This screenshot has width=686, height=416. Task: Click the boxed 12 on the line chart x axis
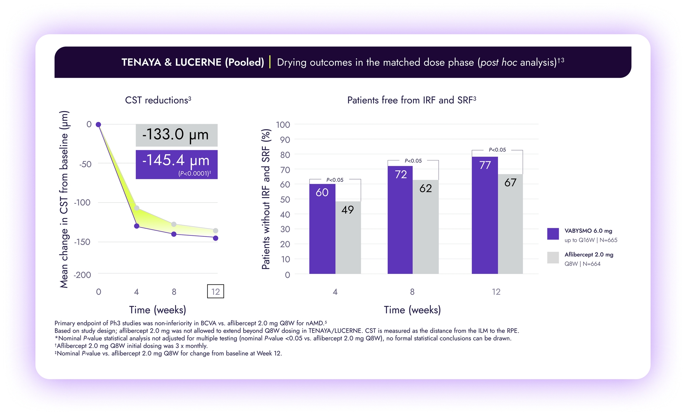tap(215, 291)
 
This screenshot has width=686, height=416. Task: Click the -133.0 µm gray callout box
tap(176, 135)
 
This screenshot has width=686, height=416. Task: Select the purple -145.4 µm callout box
tap(176, 164)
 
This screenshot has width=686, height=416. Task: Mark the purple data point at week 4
tap(137, 226)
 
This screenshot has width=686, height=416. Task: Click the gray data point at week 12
tap(215, 231)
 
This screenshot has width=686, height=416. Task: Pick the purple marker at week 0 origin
tap(98, 124)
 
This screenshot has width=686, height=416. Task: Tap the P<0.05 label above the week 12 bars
tap(497, 150)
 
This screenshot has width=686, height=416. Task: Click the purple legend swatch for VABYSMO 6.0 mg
tap(553, 234)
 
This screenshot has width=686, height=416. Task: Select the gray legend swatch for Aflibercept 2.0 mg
tap(553, 257)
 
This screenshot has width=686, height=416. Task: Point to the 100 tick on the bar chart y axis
tap(283, 125)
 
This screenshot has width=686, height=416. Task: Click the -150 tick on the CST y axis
tap(82, 242)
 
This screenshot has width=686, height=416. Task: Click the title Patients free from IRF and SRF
tap(411, 100)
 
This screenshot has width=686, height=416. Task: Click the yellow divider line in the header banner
tap(270, 62)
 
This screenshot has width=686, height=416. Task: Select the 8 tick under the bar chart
tap(412, 292)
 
